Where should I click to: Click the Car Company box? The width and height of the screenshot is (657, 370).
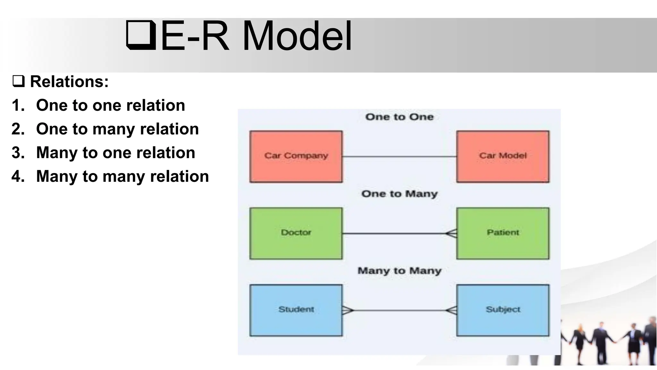(x=296, y=156)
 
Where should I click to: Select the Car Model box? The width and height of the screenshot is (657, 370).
(x=503, y=156)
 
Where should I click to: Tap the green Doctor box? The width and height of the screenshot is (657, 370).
(x=296, y=233)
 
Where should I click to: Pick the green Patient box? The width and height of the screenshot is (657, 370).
(x=503, y=233)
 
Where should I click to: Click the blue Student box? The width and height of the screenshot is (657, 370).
(x=296, y=310)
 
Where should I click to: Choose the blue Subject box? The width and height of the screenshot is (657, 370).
(x=503, y=310)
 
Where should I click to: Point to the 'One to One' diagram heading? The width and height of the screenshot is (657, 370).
(x=399, y=117)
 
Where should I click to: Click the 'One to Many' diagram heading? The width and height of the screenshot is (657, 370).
(x=399, y=194)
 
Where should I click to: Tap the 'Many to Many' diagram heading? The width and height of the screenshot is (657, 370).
(x=399, y=271)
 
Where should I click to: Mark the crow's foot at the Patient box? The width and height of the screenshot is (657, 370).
(x=451, y=233)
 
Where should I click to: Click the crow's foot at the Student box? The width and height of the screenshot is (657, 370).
(x=348, y=310)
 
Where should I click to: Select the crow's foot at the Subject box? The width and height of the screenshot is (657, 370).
(x=451, y=310)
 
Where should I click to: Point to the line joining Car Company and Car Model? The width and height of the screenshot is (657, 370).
(x=399, y=157)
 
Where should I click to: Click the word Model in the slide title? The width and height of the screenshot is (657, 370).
(x=297, y=36)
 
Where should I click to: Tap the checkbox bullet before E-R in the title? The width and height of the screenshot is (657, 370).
(x=141, y=35)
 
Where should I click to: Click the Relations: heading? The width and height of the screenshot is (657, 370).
(x=69, y=82)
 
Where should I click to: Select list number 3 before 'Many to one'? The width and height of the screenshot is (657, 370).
(x=18, y=153)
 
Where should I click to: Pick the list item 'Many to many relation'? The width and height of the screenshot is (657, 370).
(x=122, y=176)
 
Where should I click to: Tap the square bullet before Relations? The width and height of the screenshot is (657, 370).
(x=18, y=81)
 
